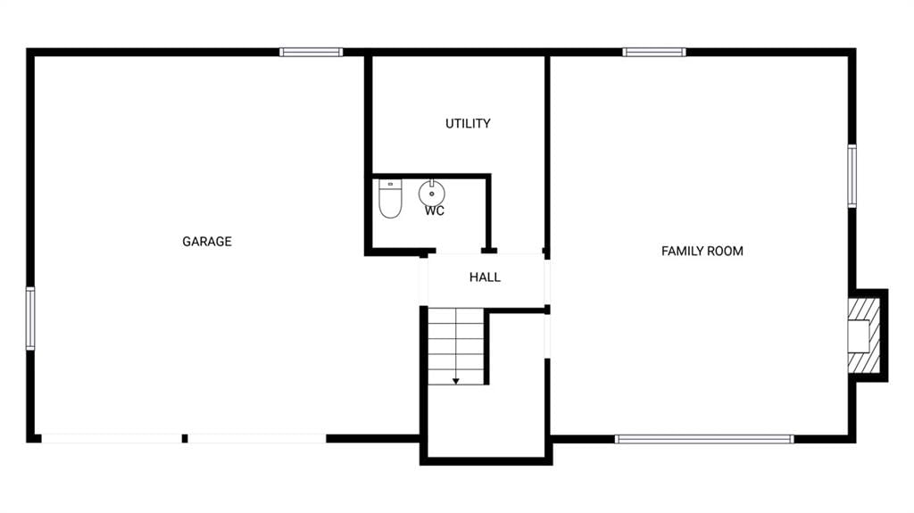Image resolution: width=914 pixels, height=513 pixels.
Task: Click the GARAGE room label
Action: pos(207,242)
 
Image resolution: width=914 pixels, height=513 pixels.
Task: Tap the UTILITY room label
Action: pos(468,124)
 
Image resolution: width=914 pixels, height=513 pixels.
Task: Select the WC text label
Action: pos(435,211)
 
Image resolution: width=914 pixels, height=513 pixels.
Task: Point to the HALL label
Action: pos(485,277)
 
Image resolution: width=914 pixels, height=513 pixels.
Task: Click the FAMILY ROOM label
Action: pos(702,252)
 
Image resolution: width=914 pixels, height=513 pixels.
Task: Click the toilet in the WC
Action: pos(390,199)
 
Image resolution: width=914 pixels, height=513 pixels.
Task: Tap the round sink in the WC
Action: pos(431,193)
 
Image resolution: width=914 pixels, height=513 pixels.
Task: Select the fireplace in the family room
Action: pos(863,335)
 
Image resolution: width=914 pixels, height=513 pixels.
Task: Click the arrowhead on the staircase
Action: pos(456,381)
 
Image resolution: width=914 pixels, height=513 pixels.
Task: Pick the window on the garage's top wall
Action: pos(311,53)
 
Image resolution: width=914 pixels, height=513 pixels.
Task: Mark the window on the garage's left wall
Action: pos(30,319)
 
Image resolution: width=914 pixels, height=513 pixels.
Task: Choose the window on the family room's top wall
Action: pos(654,53)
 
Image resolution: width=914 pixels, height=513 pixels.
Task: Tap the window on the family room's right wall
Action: pos(852,176)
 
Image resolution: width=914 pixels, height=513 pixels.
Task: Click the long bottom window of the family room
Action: pos(704,439)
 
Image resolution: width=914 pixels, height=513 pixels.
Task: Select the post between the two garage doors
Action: pos(185,438)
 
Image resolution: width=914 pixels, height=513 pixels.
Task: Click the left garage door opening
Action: pos(112,438)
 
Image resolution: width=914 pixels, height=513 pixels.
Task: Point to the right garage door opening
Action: pos(257,438)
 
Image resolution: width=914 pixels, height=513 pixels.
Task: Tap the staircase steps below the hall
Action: pos(456,346)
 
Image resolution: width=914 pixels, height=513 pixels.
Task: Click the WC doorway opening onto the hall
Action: pos(458,252)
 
